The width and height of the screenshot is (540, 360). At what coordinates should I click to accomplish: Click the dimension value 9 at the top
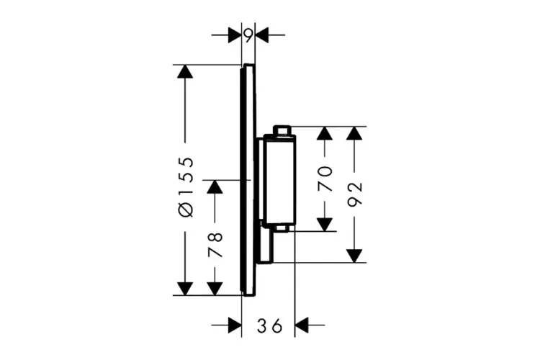248,34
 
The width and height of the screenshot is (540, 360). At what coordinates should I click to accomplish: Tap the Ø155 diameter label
186,186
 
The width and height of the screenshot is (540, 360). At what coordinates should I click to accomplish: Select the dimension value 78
215,245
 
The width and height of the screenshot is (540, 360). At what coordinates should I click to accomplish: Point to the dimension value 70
325,179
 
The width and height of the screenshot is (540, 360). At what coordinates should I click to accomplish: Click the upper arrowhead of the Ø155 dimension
186,73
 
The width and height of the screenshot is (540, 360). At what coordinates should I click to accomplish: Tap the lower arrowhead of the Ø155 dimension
186,287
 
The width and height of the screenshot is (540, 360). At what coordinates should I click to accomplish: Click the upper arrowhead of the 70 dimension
325,135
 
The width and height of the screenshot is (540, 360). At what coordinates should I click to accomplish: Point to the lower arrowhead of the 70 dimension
325,223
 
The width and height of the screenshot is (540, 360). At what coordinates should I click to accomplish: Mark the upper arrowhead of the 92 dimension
354,135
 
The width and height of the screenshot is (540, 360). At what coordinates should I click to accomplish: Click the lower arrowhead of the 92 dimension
354,253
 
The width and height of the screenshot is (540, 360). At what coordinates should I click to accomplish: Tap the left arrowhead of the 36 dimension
233,325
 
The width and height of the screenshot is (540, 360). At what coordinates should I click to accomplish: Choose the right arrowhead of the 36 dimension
302,325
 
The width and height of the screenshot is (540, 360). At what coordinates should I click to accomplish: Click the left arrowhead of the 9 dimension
234,34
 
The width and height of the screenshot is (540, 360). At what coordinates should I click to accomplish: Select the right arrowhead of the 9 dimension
262,34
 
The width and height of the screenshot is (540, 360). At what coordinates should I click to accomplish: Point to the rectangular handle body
277,180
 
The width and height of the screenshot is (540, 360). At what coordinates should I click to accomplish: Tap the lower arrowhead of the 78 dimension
215,287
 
